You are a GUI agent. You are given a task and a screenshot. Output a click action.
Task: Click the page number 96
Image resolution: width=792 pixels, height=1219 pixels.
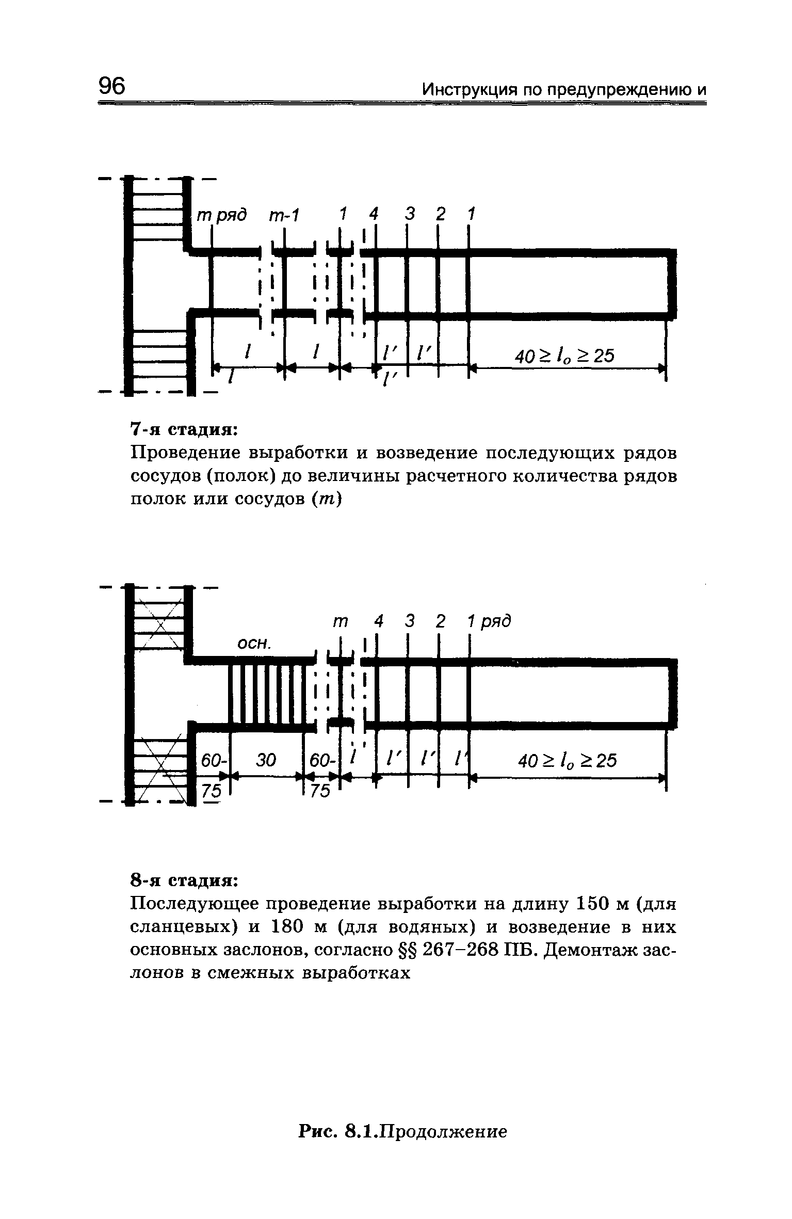point(112,86)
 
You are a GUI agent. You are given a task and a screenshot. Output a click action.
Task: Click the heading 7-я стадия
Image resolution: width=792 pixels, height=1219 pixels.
point(183,429)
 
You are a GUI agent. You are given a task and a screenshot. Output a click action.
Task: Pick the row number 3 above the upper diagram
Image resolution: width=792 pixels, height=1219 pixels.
point(410,214)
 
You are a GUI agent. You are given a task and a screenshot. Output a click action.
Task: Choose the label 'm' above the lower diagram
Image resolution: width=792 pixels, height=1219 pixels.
point(340,622)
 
